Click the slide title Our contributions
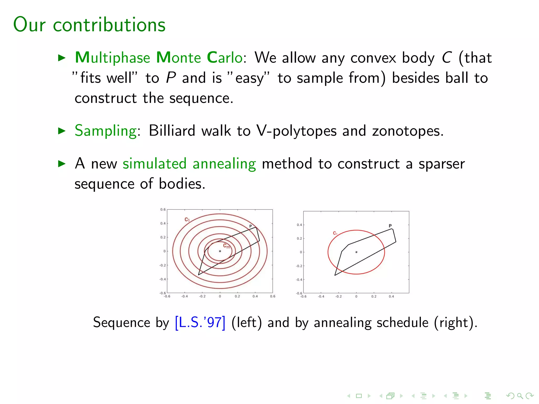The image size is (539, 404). pyautogui.click(x=89, y=24)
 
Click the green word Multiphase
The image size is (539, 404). pyautogui.click(x=113, y=58)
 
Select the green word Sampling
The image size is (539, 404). pyautogui.click(x=106, y=131)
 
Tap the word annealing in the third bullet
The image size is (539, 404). pyautogui.click(x=224, y=164)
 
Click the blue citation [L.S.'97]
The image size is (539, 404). pyautogui.click(x=200, y=322)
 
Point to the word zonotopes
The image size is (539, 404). pyautogui.click(x=407, y=131)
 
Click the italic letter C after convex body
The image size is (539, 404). pyautogui.click(x=447, y=58)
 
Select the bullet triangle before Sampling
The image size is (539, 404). pyautogui.click(x=62, y=131)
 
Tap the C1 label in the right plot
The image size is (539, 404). pyautogui.click(x=335, y=233)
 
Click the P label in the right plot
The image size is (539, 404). pyautogui.click(x=390, y=226)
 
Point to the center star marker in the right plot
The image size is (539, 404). pyautogui.click(x=356, y=252)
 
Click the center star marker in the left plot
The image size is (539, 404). pyautogui.click(x=220, y=251)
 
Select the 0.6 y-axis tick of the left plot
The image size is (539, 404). pyautogui.click(x=163, y=210)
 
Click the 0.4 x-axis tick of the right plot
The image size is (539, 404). pyautogui.click(x=391, y=296)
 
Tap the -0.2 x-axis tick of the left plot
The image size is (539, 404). pyautogui.click(x=202, y=296)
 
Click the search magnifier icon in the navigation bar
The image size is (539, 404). pyautogui.click(x=520, y=396)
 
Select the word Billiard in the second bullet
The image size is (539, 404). pyautogui.click(x=172, y=131)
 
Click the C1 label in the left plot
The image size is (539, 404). pyautogui.click(x=187, y=219)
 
